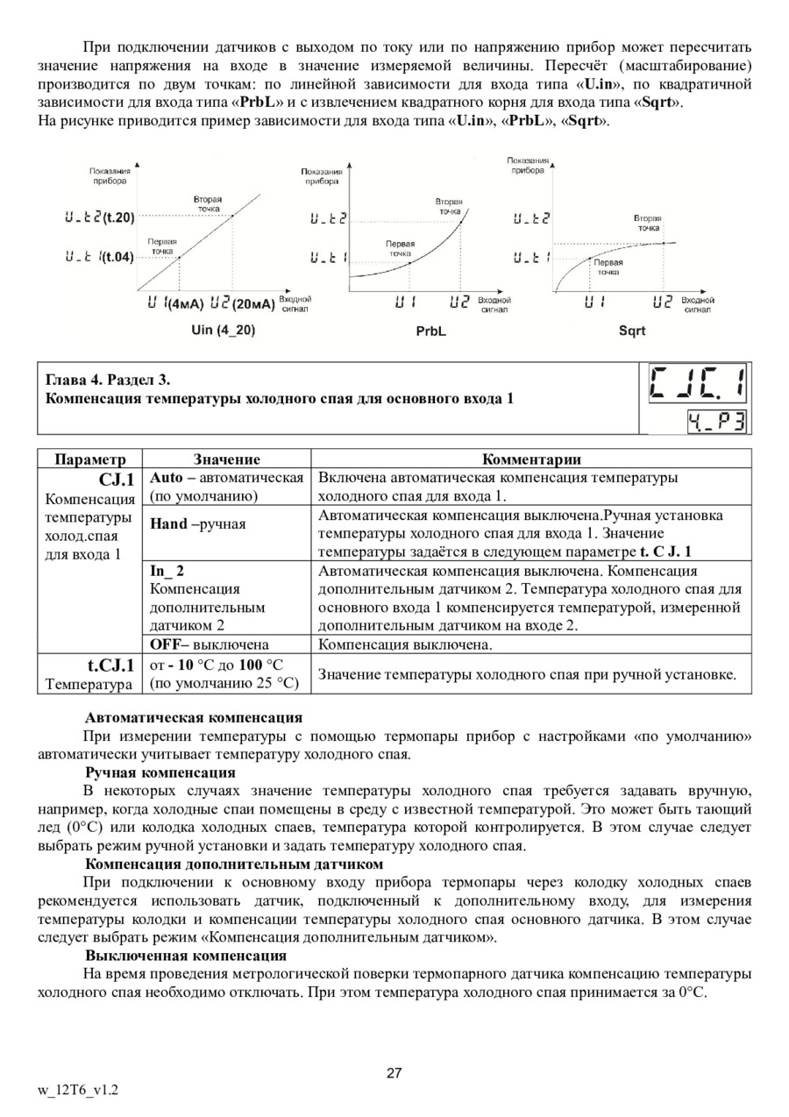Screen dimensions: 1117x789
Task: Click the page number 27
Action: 394,1074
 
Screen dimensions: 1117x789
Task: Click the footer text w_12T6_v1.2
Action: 78,1091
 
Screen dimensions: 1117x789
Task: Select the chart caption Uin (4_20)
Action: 224,331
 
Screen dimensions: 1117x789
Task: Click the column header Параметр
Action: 89,459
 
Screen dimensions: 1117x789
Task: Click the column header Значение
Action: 226,459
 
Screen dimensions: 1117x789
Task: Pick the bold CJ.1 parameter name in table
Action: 117,480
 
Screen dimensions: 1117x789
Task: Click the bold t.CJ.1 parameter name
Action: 110,665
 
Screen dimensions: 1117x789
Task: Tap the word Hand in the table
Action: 169,523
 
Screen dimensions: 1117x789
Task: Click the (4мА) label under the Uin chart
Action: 185,304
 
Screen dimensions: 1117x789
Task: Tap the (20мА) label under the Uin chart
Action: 254,304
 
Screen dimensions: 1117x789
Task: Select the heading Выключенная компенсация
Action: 186,955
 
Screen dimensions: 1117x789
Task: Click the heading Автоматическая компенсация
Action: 193,717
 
